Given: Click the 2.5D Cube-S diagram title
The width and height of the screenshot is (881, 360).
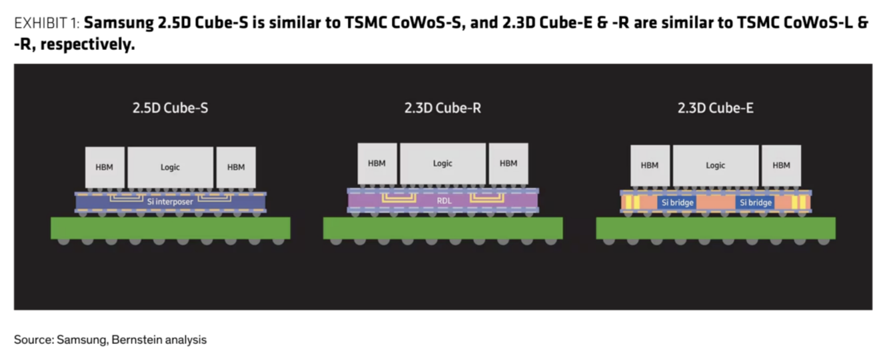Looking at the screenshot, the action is coord(170,108).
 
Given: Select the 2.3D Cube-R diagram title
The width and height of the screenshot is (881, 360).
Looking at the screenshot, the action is coord(442,108).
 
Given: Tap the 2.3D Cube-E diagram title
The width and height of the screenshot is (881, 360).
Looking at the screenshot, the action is coord(716,108).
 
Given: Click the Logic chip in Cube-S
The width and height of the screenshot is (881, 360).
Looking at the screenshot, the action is coord(171,167).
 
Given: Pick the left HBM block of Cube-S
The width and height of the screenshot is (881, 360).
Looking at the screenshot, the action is coord(105,167).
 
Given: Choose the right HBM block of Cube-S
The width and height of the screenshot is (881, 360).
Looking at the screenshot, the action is coord(236,167).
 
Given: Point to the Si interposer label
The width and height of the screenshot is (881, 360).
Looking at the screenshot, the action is coord(170,202).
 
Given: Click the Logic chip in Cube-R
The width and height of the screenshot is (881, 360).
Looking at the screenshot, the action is coord(443,163).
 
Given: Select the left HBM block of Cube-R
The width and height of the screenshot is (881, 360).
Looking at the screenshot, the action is coord(377,163).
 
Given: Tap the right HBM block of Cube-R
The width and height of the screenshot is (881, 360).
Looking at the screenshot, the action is coord(508,163).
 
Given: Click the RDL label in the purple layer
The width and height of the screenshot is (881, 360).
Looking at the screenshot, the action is coord(444,201).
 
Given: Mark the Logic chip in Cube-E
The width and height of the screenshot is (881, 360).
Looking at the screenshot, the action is coord(716,165).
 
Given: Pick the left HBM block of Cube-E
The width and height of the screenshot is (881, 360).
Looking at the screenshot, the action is coord(650,165).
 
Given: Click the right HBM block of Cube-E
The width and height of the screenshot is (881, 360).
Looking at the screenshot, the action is coord(782,165).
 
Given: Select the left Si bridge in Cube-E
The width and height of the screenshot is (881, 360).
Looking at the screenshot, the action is coord(677,203).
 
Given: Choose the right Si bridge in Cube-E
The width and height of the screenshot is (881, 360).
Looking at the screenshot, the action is coord(755,203).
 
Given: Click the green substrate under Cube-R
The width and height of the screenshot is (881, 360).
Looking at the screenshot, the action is coord(443,228).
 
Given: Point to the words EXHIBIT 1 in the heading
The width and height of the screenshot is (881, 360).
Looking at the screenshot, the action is coord(47,23).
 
